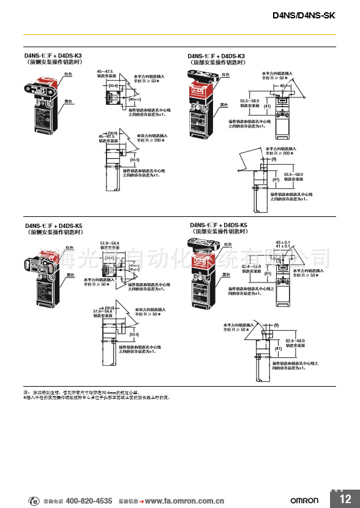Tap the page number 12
(344, 498)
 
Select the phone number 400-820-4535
(89, 499)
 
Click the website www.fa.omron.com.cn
(184, 499)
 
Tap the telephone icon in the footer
(36, 499)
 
